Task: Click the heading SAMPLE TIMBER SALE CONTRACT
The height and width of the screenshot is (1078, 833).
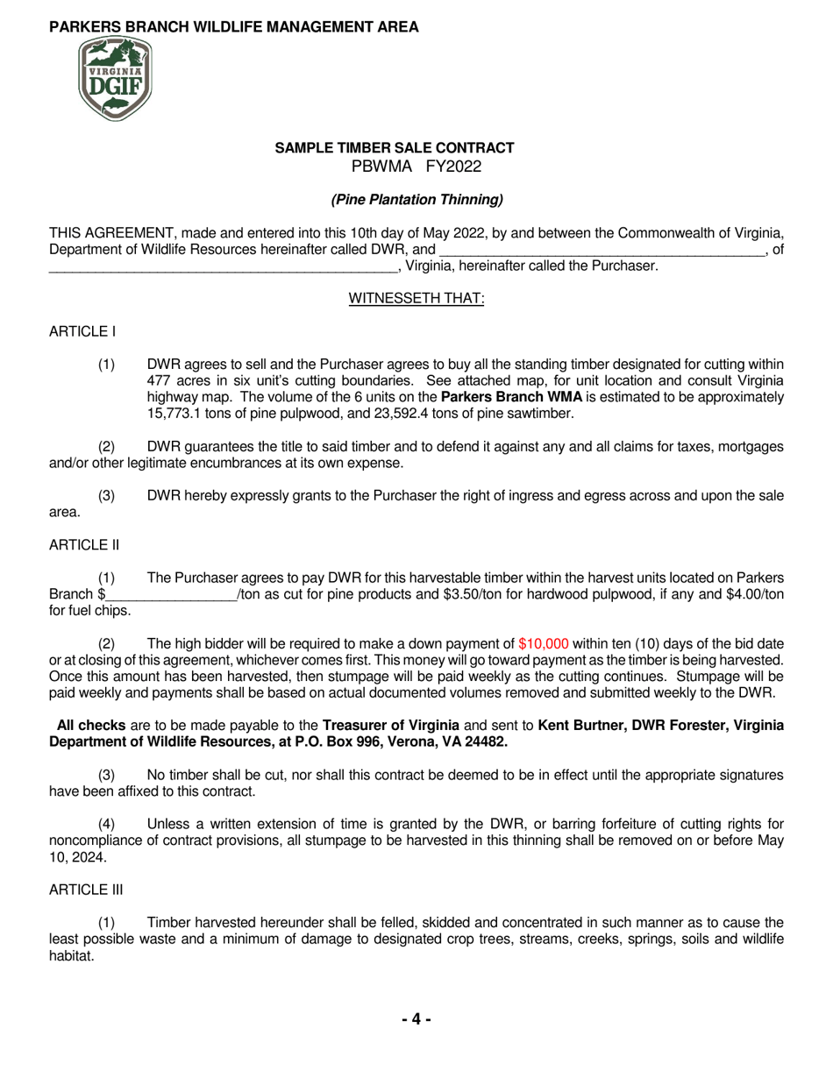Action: pyautogui.click(x=395, y=148)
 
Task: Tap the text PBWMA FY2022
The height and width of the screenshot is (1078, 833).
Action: pyautogui.click(x=416, y=167)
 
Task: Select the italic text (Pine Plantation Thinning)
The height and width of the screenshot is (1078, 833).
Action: pyautogui.click(x=416, y=200)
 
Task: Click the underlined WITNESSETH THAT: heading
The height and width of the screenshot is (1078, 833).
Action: pyautogui.click(x=416, y=299)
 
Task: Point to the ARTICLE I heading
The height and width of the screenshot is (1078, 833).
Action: pyautogui.click(x=82, y=331)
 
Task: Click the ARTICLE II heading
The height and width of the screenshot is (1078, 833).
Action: pyautogui.click(x=84, y=545)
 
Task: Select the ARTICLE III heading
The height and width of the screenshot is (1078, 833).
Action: pyautogui.click(x=86, y=890)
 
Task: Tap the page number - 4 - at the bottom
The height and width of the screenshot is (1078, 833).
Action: pyautogui.click(x=416, y=1019)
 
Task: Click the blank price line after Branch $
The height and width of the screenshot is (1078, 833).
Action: pyautogui.click(x=170, y=595)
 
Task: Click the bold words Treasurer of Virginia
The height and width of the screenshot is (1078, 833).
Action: pyautogui.click(x=391, y=726)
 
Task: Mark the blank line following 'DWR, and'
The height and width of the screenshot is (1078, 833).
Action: pyautogui.click(x=602, y=250)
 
